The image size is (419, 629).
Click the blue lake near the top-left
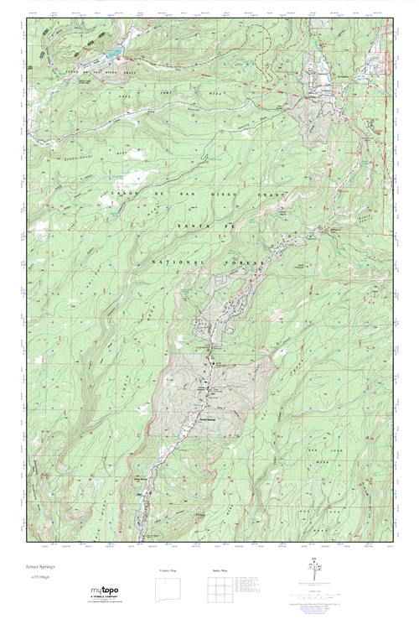[111, 60]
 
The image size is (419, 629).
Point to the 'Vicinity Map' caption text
[169, 570]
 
